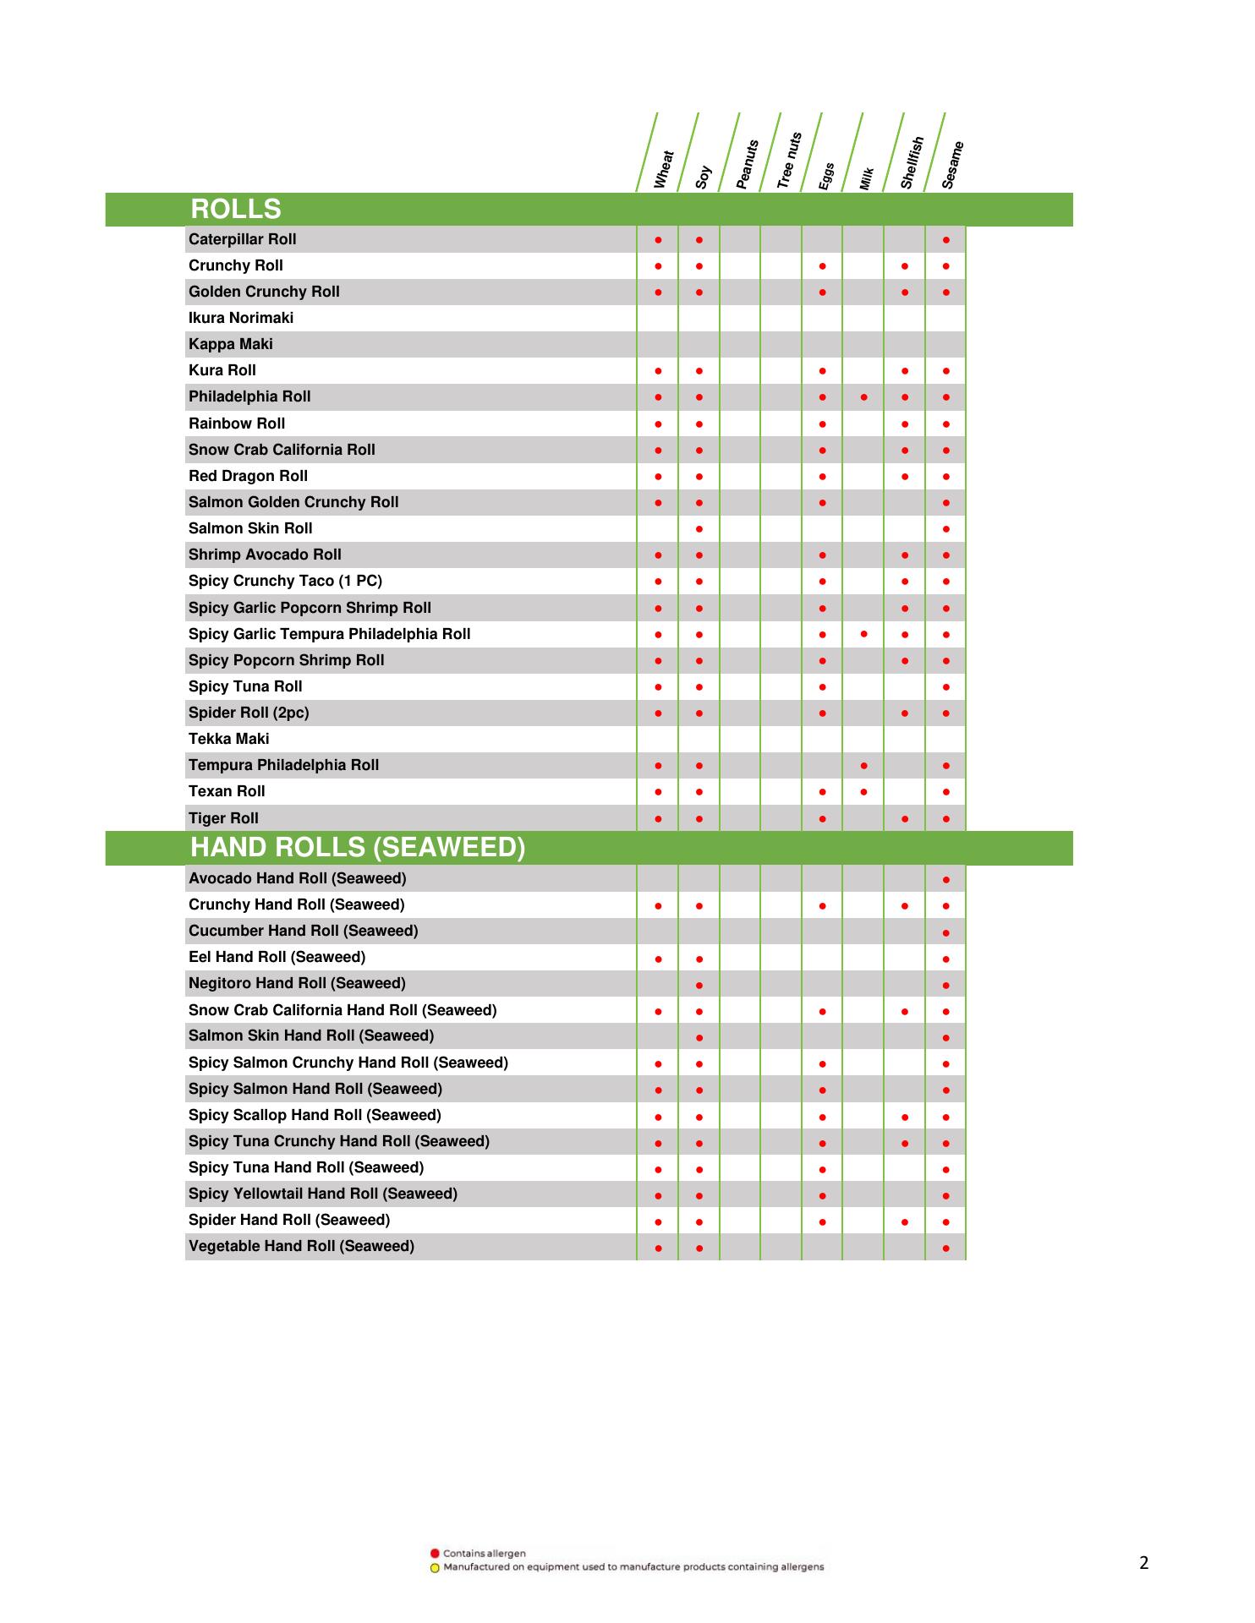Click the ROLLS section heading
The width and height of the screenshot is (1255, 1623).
click(235, 209)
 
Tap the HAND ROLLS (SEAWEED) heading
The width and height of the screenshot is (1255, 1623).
click(357, 847)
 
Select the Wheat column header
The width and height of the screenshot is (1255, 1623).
click(664, 170)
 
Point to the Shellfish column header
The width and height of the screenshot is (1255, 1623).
click(912, 163)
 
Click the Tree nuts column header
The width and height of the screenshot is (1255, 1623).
click(788, 161)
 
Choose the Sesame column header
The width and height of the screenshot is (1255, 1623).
click(952, 165)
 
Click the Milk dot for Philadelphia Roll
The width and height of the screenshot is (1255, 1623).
click(863, 396)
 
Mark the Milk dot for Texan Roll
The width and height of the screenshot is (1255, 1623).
click(863, 792)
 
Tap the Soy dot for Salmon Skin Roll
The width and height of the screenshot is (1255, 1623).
click(699, 529)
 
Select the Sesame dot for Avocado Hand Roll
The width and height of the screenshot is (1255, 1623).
click(945, 880)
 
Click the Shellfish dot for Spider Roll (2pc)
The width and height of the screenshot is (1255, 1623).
click(905, 713)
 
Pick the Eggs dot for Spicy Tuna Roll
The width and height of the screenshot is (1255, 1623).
click(822, 687)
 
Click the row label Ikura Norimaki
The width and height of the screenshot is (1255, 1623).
click(241, 318)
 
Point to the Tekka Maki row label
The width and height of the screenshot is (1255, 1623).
click(228, 739)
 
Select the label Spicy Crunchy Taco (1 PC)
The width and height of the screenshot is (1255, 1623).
click(285, 581)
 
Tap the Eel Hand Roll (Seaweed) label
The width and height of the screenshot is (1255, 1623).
click(277, 957)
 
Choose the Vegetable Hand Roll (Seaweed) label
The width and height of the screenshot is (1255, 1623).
click(301, 1246)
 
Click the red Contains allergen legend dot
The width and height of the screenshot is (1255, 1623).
click(435, 1553)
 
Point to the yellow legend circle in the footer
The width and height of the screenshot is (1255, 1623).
click(435, 1568)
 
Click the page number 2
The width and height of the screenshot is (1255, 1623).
click(1144, 1563)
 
